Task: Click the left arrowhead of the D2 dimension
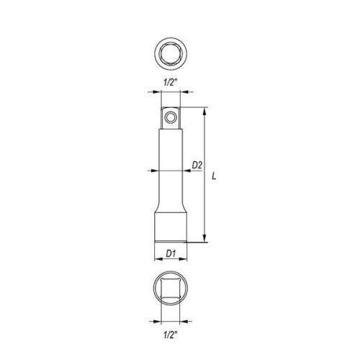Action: tap(158, 171)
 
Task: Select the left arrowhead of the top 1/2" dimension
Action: tap(161, 91)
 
